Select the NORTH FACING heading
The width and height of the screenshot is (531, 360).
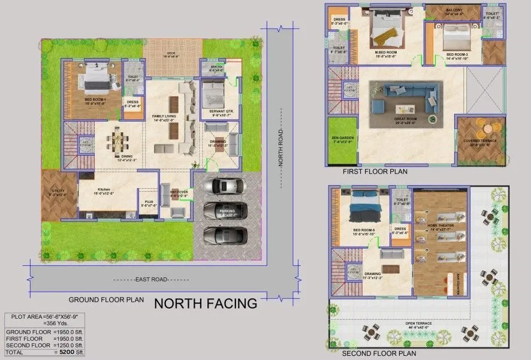click(x=206, y=304)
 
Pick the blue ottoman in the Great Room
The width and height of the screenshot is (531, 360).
click(x=378, y=106)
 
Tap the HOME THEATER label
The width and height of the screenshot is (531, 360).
click(x=441, y=226)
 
